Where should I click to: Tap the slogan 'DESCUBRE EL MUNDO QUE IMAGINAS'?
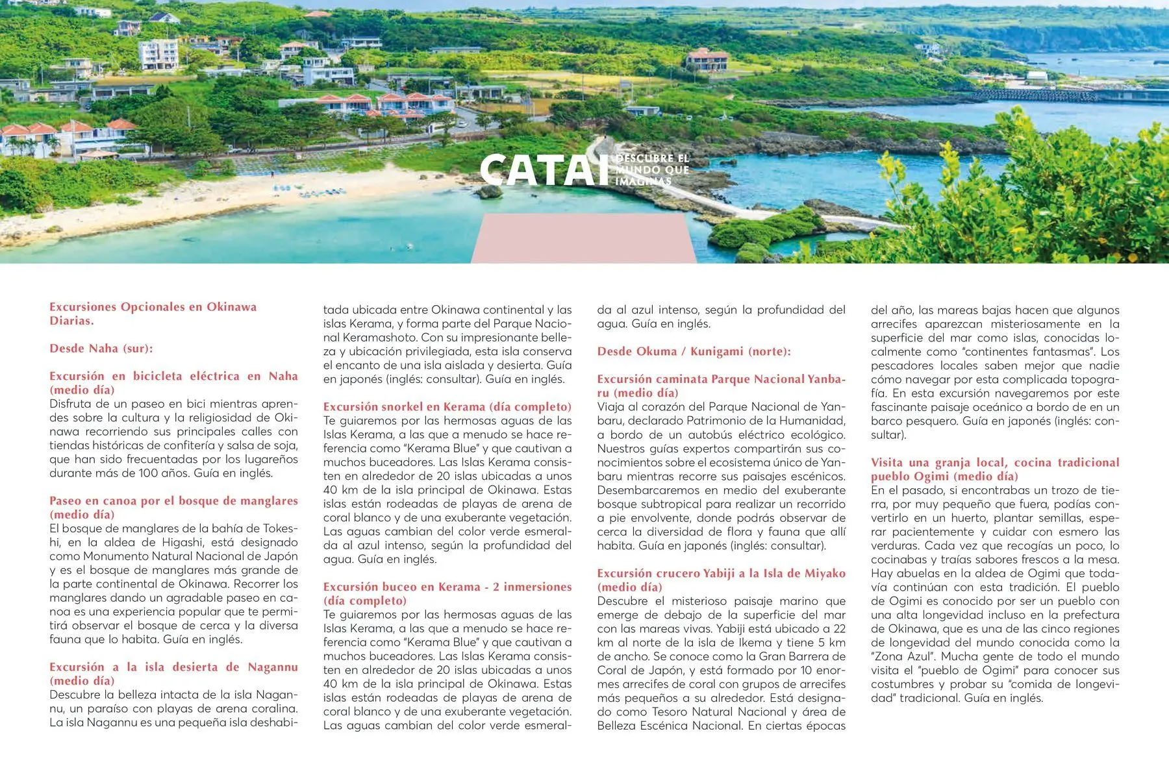651,170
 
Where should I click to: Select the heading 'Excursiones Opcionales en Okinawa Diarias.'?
153,314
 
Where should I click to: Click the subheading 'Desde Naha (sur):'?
101,349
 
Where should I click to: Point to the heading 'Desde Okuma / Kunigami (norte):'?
694,352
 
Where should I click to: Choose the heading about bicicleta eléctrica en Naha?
173,383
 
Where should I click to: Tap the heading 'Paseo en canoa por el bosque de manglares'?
173,508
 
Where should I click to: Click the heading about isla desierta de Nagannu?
173,674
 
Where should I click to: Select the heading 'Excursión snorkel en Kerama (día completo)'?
447,407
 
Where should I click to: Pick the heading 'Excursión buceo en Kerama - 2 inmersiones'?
447,593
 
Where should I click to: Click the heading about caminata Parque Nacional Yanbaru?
721,386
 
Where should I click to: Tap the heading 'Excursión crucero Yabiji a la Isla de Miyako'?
721,580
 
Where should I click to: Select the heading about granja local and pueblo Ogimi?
995,469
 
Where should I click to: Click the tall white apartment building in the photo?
158,54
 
